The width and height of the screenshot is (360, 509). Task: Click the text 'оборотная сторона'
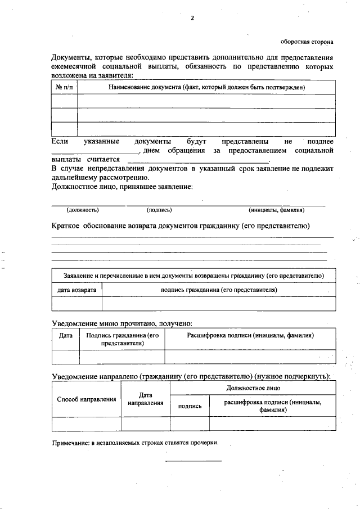click(x=307, y=42)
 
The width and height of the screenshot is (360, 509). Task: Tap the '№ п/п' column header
click(x=64, y=88)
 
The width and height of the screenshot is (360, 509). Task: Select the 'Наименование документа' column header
click(x=206, y=88)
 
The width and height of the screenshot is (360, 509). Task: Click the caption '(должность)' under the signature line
click(x=83, y=210)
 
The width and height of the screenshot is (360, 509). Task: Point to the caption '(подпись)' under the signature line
click(x=159, y=210)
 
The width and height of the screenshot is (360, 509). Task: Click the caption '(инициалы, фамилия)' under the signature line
click(x=277, y=210)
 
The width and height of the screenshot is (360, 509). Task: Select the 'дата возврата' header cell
click(x=77, y=290)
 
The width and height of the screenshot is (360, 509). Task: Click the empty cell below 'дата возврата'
click(x=77, y=304)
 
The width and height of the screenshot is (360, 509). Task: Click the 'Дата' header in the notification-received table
click(x=66, y=335)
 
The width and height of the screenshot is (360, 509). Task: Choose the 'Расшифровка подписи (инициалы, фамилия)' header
click(x=250, y=335)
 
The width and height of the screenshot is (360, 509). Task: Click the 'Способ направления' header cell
click(x=87, y=399)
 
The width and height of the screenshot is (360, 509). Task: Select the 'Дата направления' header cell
click(x=145, y=399)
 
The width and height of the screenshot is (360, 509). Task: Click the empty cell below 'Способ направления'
click(x=87, y=424)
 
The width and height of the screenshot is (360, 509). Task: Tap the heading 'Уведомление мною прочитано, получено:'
click(x=122, y=323)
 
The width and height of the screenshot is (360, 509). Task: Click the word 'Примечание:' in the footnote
click(x=70, y=443)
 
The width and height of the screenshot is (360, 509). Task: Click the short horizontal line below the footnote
click(x=193, y=461)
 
